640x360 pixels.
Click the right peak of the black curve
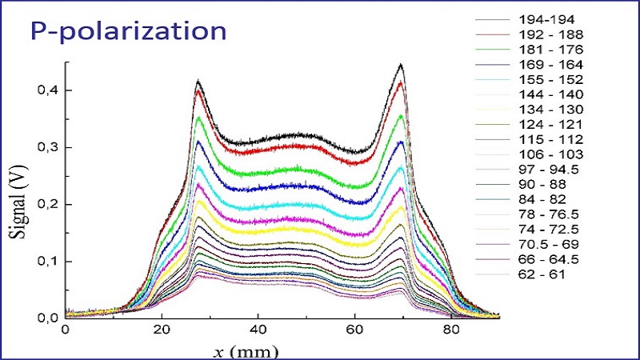click(400, 66)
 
